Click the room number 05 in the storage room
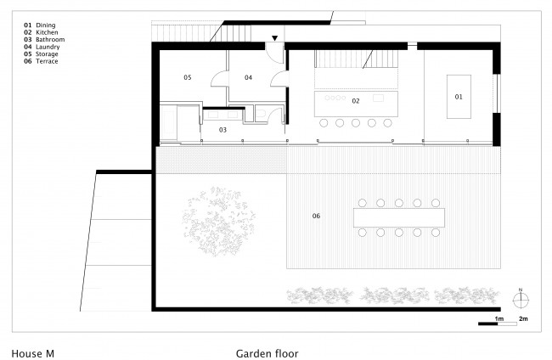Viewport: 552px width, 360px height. click(x=188, y=77)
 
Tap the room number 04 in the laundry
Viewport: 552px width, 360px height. click(x=248, y=77)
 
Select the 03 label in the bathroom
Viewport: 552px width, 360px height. click(x=222, y=130)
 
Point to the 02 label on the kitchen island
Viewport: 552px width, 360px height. click(x=356, y=101)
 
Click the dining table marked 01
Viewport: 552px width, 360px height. click(x=459, y=97)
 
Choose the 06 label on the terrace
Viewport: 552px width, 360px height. click(x=316, y=216)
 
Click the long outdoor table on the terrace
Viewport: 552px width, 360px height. click(x=399, y=217)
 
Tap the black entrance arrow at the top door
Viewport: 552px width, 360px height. click(x=274, y=38)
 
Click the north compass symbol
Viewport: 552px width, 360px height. click(x=521, y=300)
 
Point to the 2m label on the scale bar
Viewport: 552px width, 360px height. click(x=523, y=319)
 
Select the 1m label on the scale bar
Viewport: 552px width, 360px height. click(x=499, y=319)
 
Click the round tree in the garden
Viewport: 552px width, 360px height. click(x=218, y=222)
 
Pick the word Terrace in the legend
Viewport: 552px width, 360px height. click(x=47, y=61)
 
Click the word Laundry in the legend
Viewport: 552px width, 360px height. click(x=48, y=47)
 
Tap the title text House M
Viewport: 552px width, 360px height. click(x=33, y=353)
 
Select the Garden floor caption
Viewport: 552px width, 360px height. click(x=267, y=353)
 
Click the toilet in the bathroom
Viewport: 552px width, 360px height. click(x=262, y=113)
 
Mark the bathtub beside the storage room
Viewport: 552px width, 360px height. click(x=168, y=123)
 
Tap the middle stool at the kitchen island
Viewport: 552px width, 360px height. click(x=356, y=123)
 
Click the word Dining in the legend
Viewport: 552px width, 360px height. click(x=45, y=25)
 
